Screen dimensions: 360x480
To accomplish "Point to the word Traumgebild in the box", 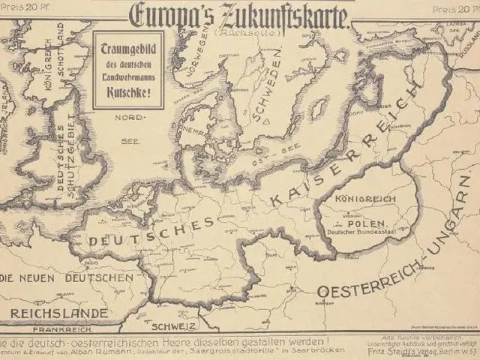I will (126, 49).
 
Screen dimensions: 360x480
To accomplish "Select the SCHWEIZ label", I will (173, 326).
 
